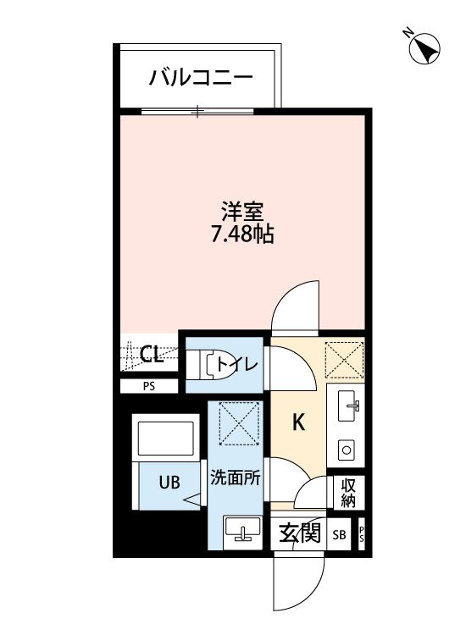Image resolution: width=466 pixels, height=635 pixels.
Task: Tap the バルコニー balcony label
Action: (x=201, y=79)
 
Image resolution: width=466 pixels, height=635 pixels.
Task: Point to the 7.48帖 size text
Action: (x=242, y=235)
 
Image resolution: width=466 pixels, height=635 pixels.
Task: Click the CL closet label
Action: (x=152, y=355)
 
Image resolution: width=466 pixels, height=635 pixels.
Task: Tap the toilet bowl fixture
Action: (x=208, y=365)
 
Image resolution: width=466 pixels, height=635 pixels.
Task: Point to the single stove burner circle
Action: (x=347, y=448)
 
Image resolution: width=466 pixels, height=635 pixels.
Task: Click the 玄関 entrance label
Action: (x=299, y=533)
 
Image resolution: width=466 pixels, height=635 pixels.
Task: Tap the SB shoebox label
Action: (x=339, y=535)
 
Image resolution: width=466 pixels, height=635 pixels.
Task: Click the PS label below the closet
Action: (x=149, y=387)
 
